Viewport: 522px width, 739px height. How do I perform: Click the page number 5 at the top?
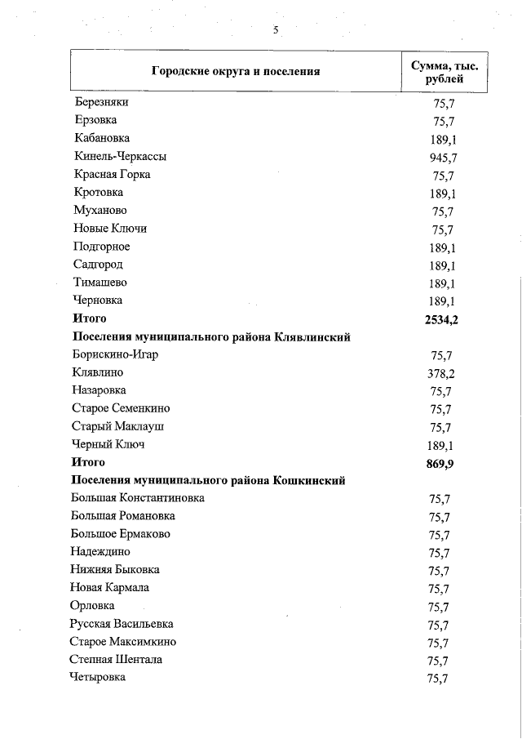click(x=276, y=30)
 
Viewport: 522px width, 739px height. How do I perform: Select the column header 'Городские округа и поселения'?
click(x=235, y=71)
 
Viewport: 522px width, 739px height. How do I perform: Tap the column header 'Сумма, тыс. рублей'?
click(x=444, y=71)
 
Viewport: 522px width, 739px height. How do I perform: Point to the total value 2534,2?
click(x=441, y=319)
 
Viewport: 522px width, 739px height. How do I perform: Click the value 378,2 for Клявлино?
click(x=441, y=373)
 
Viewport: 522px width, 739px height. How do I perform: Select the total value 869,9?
click(x=441, y=463)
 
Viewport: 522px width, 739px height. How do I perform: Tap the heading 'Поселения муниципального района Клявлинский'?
click(x=211, y=337)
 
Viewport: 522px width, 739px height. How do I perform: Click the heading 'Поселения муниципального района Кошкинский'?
click(x=209, y=480)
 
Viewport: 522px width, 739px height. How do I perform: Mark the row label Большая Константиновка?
click(x=138, y=497)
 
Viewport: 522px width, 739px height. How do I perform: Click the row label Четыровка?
click(x=98, y=677)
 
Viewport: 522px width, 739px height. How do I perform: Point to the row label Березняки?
click(x=101, y=102)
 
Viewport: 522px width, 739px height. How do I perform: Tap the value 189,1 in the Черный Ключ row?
click(x=441, y=446)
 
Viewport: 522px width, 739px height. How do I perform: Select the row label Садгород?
click(x=97, y=265)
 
